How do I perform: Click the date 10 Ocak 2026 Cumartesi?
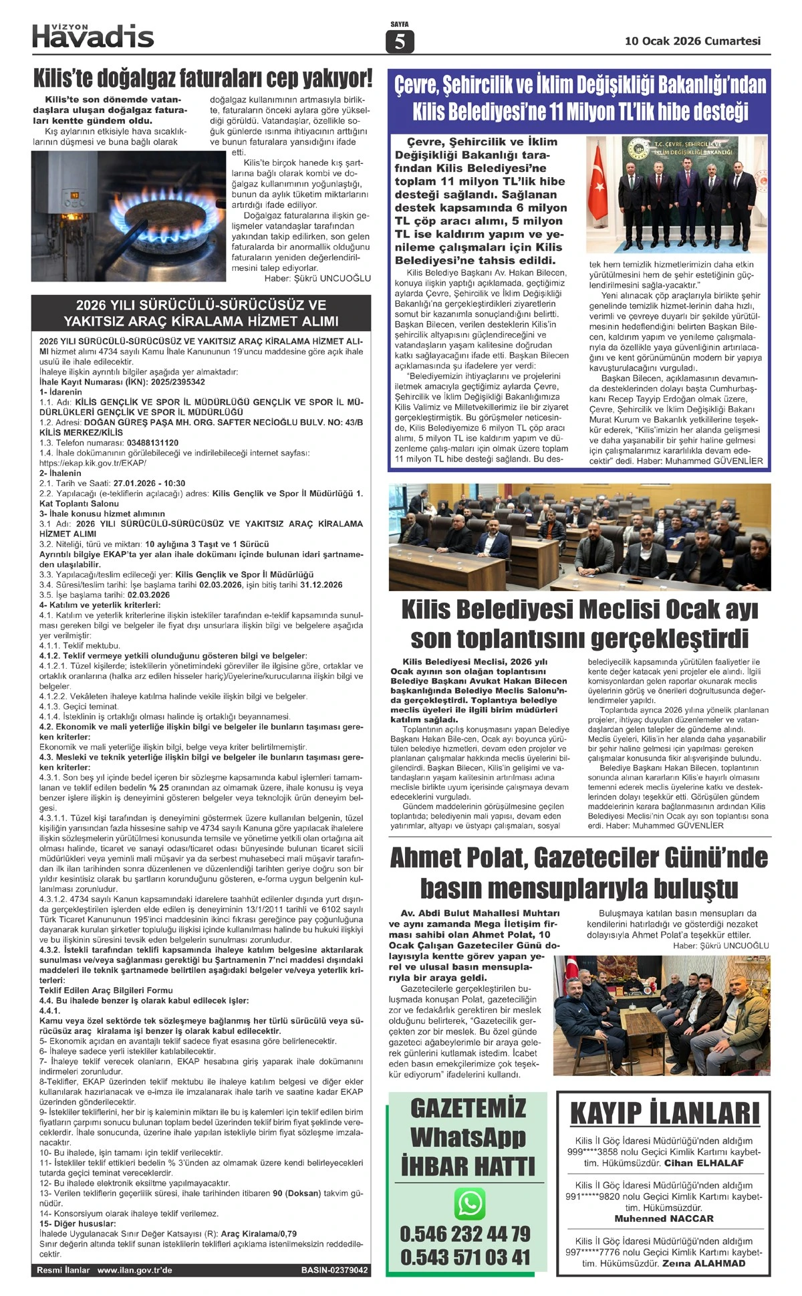(692, 41)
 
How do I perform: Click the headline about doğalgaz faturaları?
(202, 78)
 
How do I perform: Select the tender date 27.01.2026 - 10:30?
(149, 483)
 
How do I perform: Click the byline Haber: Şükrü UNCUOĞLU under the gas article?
(317, 278)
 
